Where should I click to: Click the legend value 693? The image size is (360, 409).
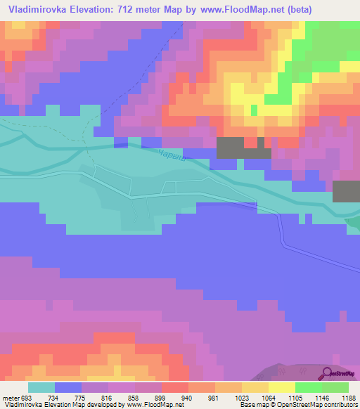click(29, 397)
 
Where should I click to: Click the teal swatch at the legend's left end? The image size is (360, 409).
click(41, 387)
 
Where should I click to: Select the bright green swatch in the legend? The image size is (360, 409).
click(309, 387)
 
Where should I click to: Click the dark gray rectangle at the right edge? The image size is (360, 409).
click(346, 192)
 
